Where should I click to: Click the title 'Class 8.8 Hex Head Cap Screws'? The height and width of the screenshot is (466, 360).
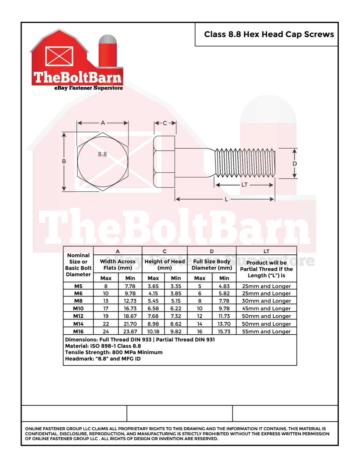pyautogui.click(x=269, y=34)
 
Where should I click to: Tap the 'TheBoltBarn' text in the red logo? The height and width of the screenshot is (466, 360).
pyautogui.click(x=77, y=77)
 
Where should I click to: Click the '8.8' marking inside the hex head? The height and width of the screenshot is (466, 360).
pyautogui.click(x=102, y=154)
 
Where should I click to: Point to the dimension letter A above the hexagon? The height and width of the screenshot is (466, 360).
pyautogui.click(x=103, y=123)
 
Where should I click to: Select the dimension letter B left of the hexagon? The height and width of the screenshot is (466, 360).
pyautogui.click(x=64, y=161)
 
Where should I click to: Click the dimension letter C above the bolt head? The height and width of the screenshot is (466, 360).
pyautogui.click(x=165, y=123)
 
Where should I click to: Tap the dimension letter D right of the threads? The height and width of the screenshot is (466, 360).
pyautogui.click(x=295, y=164)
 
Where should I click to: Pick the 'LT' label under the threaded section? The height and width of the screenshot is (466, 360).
pyautogui.click(x=244, y=185)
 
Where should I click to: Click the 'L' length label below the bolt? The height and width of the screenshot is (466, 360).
pyautogui.click(x=226, y=200)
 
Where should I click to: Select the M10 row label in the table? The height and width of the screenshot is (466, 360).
pyautogui.click(x=78, y=308)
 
